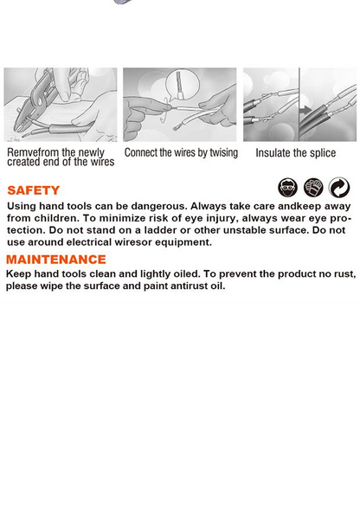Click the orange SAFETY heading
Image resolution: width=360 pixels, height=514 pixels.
tap(34, 190)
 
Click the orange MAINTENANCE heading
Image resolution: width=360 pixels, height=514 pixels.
tap(56, 260)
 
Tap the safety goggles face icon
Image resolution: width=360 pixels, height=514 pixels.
tap(287, 188)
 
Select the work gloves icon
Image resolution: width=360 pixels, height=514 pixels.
tap(313, 188)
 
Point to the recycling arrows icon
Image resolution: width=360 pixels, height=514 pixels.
tap(339, 188)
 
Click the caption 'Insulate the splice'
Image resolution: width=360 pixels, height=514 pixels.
tap(296, 153)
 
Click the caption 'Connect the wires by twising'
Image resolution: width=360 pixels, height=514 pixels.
tap(181, 153)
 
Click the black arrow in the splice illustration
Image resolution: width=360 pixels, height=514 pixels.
tap(306, 110)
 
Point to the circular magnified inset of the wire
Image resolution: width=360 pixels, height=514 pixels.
tap(183, 85)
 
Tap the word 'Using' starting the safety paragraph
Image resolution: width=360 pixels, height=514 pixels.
tap(22, 207)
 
